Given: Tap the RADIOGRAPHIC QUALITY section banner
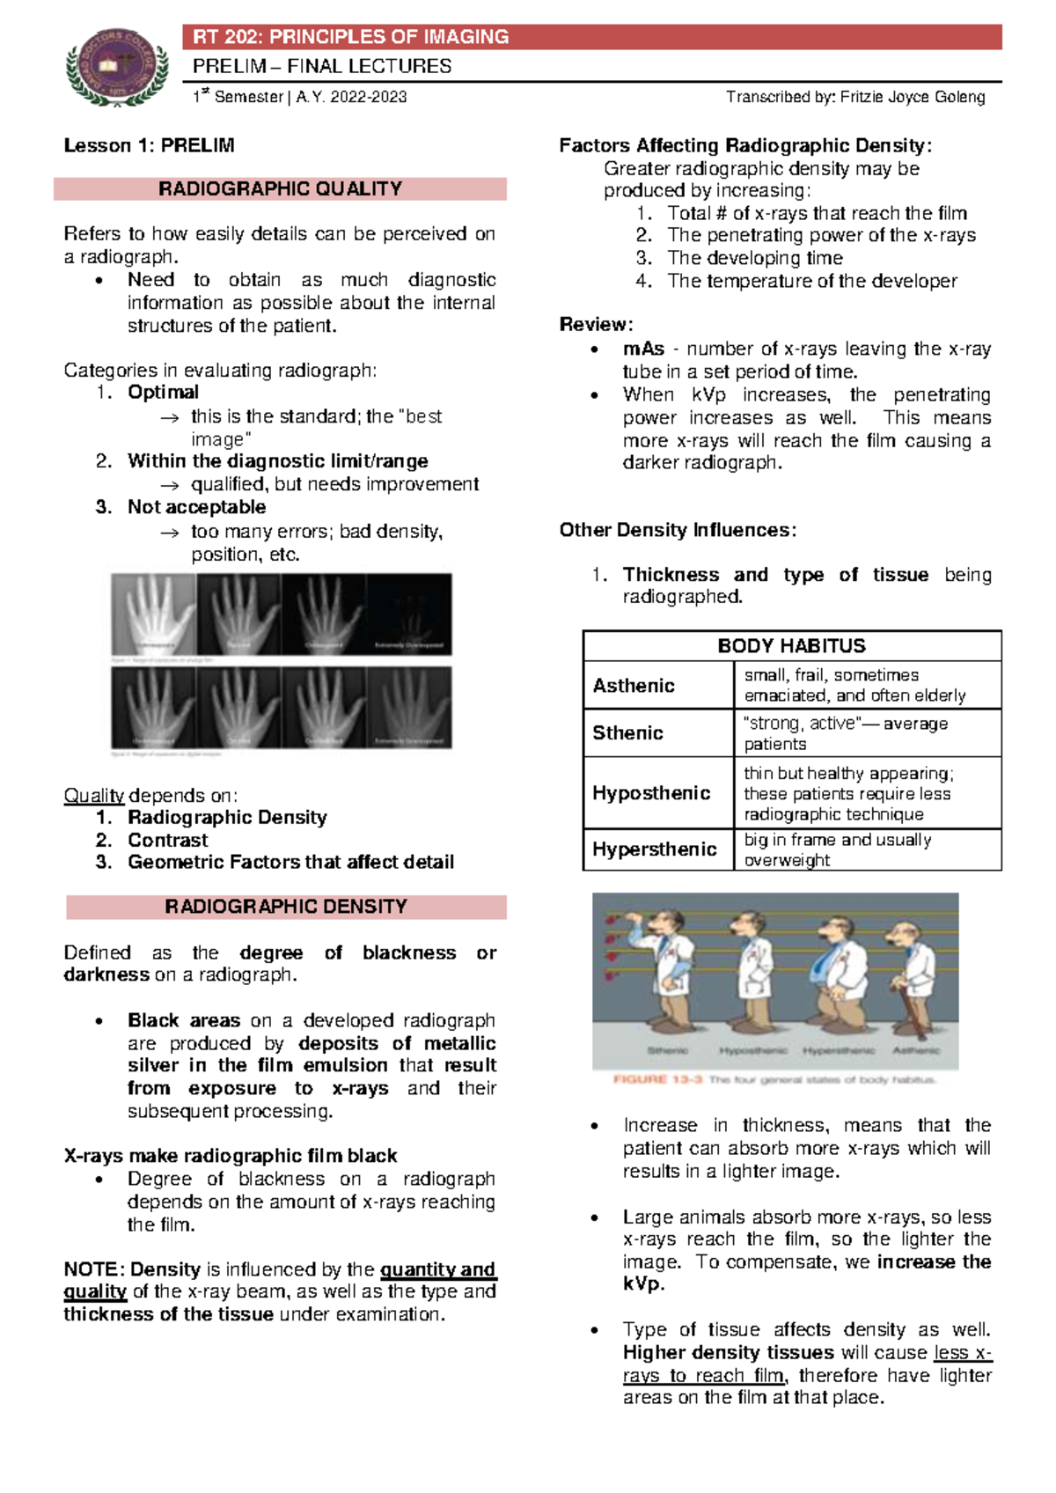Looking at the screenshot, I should click(280, 189).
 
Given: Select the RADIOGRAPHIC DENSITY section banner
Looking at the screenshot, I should click(286, 907).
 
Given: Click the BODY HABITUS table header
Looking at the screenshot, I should click(791, 646).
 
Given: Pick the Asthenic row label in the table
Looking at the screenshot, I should click(634, 686).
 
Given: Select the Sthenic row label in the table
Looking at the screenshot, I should click(627, 733).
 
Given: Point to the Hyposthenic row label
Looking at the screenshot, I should click(651, 793).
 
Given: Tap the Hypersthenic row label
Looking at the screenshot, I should click(654, 849).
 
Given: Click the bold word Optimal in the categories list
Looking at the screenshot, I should click(163, 393).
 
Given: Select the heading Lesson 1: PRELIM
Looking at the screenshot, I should click(149, 145).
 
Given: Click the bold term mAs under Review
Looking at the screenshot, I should click(643, 349).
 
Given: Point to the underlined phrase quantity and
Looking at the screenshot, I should click(438, 1269).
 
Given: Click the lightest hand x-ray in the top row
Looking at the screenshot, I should click(153, 614).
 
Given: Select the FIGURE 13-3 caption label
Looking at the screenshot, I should click(656, 1079).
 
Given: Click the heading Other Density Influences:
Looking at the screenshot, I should click(678, 530).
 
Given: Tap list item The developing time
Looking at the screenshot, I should click(754, 258).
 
